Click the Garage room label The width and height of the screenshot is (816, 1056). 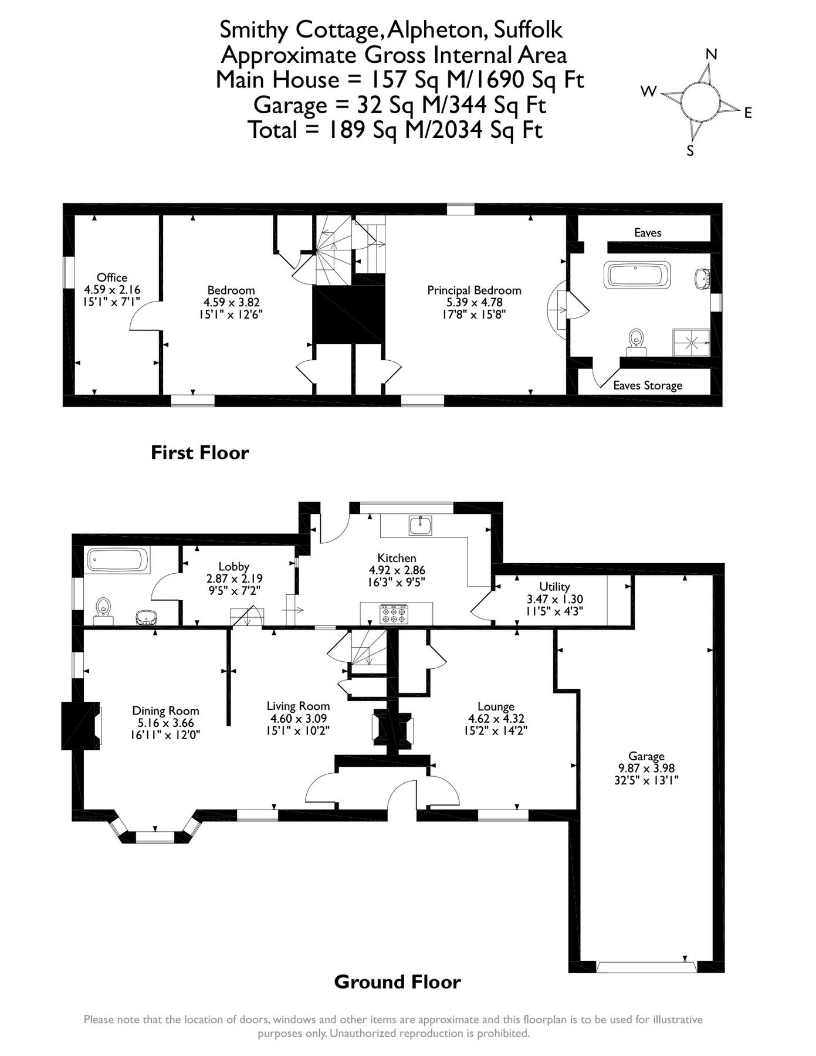[x=646, y=756]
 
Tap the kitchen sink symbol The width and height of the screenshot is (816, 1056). [x=421, y=526]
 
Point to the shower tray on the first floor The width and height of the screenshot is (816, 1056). [x=691, y=342]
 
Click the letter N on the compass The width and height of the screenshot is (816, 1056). [x=711, y=55]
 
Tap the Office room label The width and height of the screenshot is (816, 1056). [x=112, y=277]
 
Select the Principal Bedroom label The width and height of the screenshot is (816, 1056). [x=474, y=290]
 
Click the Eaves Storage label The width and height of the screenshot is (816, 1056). [x=648, y=385]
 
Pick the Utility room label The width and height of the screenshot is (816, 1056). [x=554, y=587]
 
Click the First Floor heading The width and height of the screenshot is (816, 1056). [x=200, y=452]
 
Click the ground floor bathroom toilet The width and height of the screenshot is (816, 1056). [x=104, y=607]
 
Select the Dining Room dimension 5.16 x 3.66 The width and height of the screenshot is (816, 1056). [x=166, y=723]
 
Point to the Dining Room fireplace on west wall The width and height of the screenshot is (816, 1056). [x=80, y=726]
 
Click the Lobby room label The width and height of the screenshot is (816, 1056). [x=233, y=566]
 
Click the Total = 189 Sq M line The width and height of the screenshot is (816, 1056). [x=395, y=130]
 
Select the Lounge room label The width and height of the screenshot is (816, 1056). [x=496, y=706]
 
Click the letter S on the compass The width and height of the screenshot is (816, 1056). [x=690, y=151]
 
